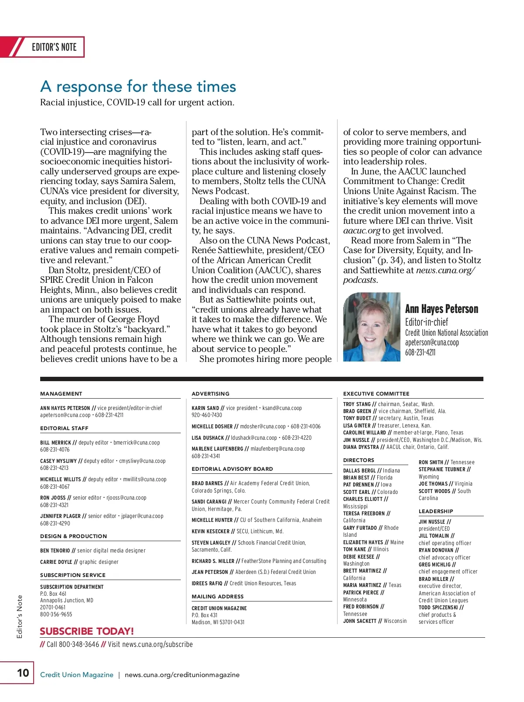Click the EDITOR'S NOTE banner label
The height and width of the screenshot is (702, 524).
pyautogui.click(x=54, y=47)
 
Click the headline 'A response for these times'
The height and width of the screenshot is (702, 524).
pyautogui.click(x=138, y=87)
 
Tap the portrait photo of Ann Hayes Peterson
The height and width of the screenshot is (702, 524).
pyautogui.click(x=372, y=327)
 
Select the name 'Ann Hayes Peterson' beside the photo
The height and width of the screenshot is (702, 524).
pyautogui.click(x=441, y=309)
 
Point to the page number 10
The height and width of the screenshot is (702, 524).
pyautogui.click(x=23, y=672)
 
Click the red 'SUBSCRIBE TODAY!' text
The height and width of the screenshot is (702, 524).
pyautogui.click(x=87, y=631)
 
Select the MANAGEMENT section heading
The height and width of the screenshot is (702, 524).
pyautogui.click(x=61, y=393)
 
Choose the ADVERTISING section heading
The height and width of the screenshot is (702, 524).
pyautogui.click(x=210, y=393)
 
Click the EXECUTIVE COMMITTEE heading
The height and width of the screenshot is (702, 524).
pyautogui.click(x=376, y=393)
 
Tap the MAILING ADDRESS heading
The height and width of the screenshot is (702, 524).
pyautogui.click(x=217, y=596)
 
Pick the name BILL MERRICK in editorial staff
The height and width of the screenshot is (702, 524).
pyautogui.click(x=55, y=443)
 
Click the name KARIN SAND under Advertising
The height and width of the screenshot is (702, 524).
pyautogui.click(x=205, y=408)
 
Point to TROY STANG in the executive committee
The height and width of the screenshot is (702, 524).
pyautogui.click(x=357, y=404)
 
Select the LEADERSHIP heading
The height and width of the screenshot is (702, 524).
pyautogui.click(x=436, y=511)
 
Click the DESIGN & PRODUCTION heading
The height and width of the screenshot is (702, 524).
pyautogui.click(x=73, y=536)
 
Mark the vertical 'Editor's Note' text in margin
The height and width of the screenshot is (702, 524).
pyautogui.click(x=20, y=616)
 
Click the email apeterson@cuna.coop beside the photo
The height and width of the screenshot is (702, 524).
pyautogui.click(x=432, y=343)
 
